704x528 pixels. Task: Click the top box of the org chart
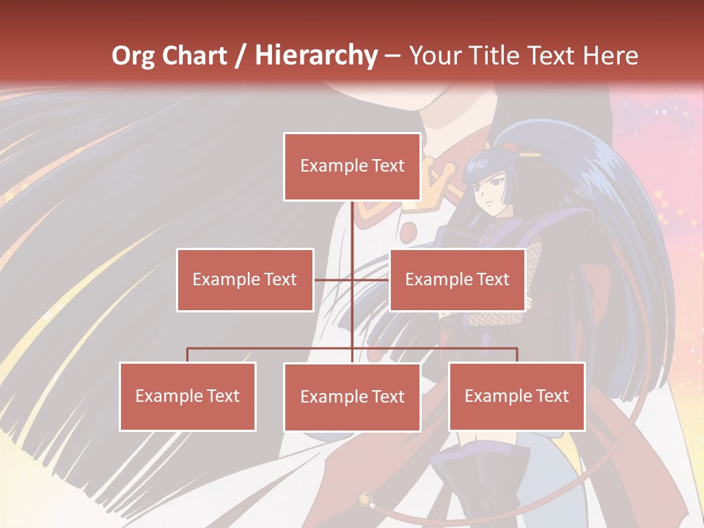(x=352, y=166)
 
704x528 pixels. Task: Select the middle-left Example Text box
(x=245, y=279)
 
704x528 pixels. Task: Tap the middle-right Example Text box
(x=457, y=279)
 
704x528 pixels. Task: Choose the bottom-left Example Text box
(x=188, y=396)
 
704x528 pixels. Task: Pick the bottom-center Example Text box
(x=352, y=397)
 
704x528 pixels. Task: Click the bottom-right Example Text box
(x=517, y=396)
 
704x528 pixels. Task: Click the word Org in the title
(x=135, y=56)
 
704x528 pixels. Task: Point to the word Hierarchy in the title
(x=316, y=56)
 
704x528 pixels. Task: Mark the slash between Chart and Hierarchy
(x=241, y=56)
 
